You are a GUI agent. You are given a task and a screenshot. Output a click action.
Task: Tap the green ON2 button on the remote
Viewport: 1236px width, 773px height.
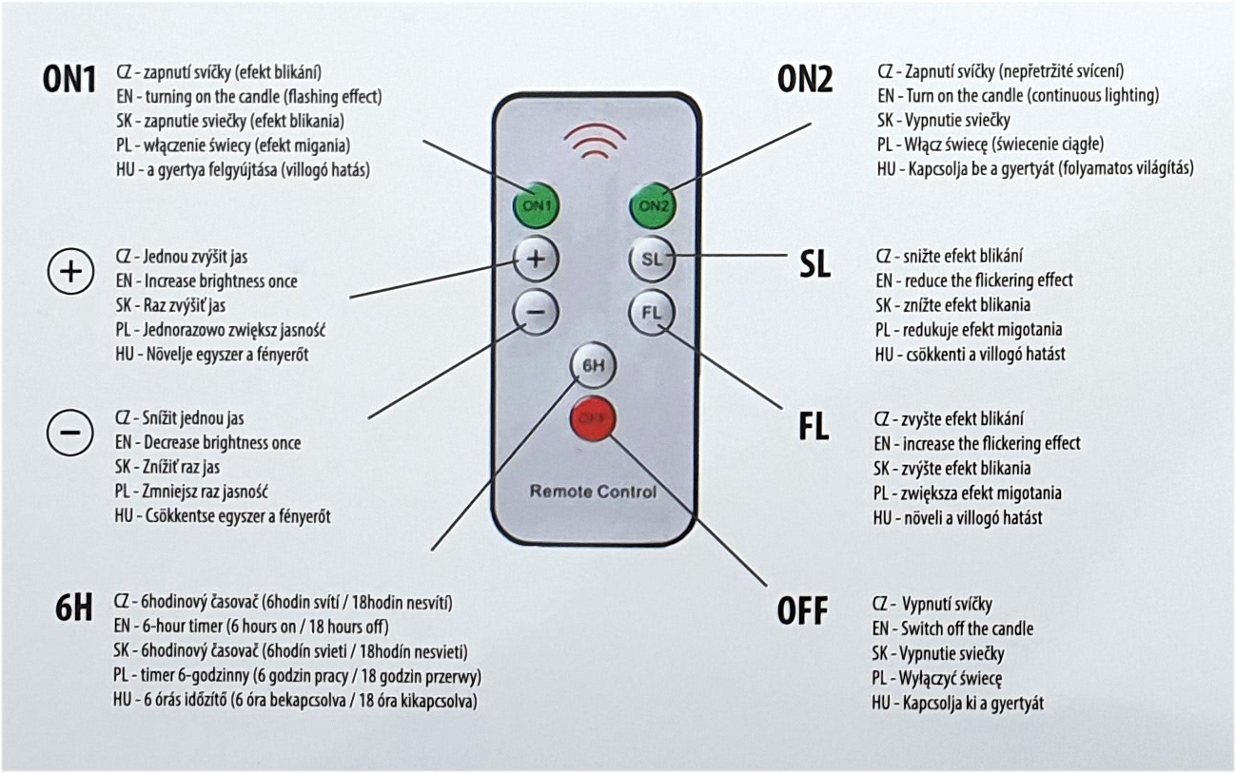[x=654, y=204]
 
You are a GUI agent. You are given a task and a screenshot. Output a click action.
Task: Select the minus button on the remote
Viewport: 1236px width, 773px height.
[x=536, y=312]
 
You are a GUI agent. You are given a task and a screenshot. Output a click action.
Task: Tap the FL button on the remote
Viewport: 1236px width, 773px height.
[x=652, y=312]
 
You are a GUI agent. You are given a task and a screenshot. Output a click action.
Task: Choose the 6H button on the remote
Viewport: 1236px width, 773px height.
[x=593, y=365]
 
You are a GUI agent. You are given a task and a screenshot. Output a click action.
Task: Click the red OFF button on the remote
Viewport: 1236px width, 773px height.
[x=593, y=418]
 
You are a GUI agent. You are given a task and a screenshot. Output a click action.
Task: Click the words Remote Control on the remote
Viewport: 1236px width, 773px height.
[x=593, y=492]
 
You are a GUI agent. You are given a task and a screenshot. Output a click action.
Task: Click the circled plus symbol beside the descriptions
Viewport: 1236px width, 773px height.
[x=70, y=273]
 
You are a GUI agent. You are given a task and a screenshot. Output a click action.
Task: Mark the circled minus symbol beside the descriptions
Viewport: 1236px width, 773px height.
[x=70, y=434]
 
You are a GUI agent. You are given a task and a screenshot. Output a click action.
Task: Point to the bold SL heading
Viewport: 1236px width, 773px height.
[x=814, y=265]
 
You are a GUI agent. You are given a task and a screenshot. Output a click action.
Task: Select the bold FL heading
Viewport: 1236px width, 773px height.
[x=814, y=428]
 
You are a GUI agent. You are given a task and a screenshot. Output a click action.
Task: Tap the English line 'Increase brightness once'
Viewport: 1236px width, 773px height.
[x=220, y=281]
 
